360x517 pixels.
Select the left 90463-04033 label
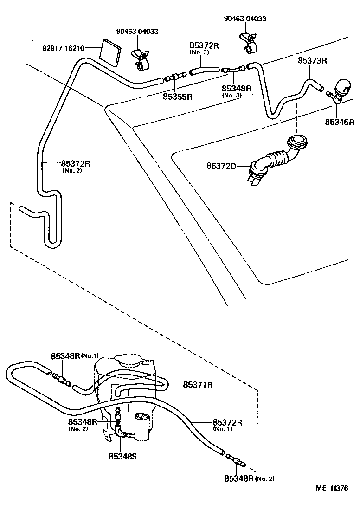(137, 32)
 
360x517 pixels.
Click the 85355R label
(178, 97)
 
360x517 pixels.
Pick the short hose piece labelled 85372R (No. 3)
(203, 71)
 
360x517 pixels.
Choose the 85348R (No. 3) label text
(236, 89)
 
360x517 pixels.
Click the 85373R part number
(312, 61)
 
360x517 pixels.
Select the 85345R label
(340, 122)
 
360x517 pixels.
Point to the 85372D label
(221, 166)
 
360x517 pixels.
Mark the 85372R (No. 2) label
(75, 163)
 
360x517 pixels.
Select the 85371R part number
(198, 384)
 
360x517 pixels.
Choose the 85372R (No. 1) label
(228, 422)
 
